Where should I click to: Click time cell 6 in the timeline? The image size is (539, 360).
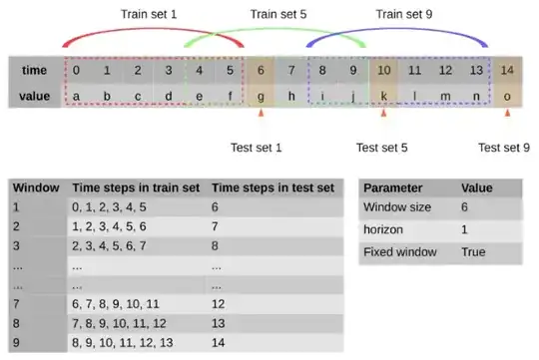pyautogui.click(x=262, y=71)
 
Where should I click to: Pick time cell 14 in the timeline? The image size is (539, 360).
pyautogui.click(x=509, y=71)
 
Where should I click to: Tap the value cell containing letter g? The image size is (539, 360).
pyautogui.click(x=262, y=96)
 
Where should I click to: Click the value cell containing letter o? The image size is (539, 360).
pyautogui.click(x=509, y=96)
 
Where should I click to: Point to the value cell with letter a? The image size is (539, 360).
pyautogui.click(x=77, y=96)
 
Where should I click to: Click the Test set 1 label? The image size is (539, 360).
pyautogui.click(x=260, y=148)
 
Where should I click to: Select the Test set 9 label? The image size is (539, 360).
pyautogui.click(x=504, y=148)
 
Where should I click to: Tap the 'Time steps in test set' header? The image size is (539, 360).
pyautogui.click(x=275, y=187)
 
